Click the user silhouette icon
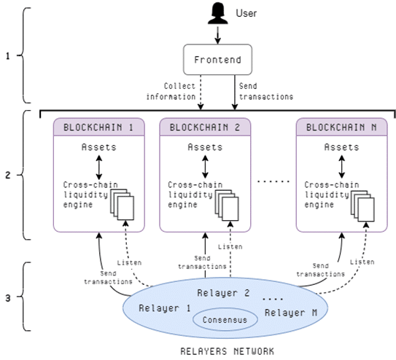tap(218, 15)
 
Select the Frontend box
tap(217, 60)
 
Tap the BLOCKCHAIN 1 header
tap(98, 127)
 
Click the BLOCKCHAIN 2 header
tap(205, 127)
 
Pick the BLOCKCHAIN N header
tap(341, 127)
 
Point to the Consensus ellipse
tap(225, 319)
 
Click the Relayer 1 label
tap(164, 308)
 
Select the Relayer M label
tap(291, 313)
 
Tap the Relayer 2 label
tap(223, 293)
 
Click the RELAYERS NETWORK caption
tap(228, 351)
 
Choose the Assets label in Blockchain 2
tap(205, 147)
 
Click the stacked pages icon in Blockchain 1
tap(123, 204)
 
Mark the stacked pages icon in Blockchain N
tap(362, 206)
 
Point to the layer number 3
tap(8, 298)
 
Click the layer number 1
tap(8, 56)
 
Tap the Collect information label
tap(171, 91)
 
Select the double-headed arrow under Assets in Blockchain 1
tap(99, 168)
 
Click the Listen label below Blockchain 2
tap(230, 246)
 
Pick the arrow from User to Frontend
tap(218, 35)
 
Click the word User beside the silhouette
tap(246, 13)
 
